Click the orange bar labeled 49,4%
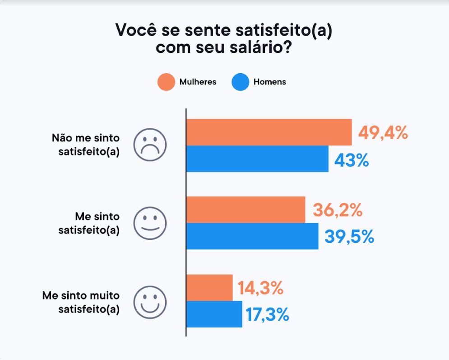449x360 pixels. click(269, 132)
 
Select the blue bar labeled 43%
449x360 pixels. click(258, 159)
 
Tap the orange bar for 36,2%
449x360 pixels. click(246, 210)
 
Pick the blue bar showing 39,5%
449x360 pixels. click(252, 236)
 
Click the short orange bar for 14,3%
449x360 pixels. click(210, 287)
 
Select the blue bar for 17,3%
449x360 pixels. click(214, 314)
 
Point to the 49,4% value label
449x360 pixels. click(383, 133)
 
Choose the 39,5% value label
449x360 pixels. click(349, 237)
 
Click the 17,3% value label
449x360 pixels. click(267, 315)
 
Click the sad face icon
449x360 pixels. click(150, 145)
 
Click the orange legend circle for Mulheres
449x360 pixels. click(166, 82)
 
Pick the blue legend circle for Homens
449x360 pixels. click(240, 82)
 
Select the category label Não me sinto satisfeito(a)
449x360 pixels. click(86, 145)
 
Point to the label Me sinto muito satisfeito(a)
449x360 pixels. click(81, 302)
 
